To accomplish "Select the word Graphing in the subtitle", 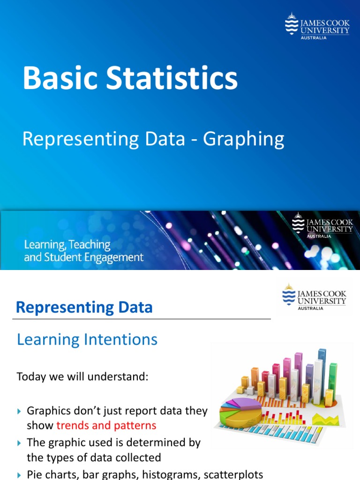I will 244,139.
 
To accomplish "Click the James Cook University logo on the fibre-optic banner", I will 322,225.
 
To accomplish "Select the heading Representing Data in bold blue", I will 84,307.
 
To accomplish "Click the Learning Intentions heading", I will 87,339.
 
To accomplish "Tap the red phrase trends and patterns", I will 106,425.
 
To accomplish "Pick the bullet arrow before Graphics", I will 19,411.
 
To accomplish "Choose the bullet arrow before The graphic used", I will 19,442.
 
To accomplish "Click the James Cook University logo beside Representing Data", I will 315,297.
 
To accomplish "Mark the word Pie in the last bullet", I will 35,474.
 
